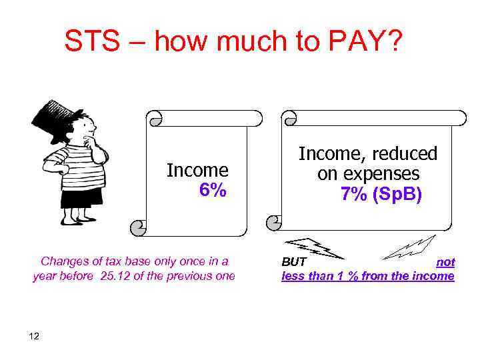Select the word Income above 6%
click(197, 171)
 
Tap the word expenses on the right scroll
click(387, 174)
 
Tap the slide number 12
click(35, 335)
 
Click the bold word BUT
click(294, 262)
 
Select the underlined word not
click(445, 262)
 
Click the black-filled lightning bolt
click(313, 247)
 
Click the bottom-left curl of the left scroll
click(138, 228)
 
